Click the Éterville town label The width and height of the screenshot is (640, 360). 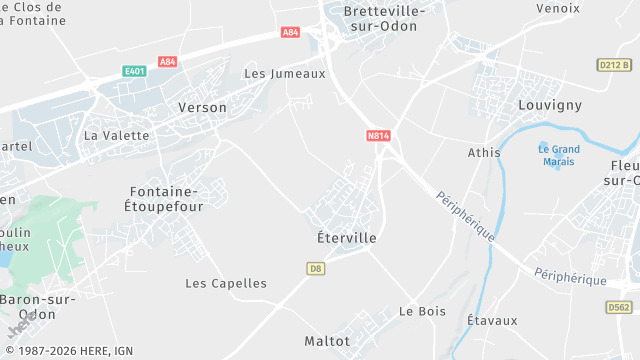(x=339, y=239)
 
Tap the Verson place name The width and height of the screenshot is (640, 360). (x=202, y=107)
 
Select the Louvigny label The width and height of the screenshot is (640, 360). (x=550, y=105)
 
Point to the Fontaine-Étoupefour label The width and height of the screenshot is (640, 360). (x=165, y=198)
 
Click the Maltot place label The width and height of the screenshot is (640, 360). (x=328, y=341)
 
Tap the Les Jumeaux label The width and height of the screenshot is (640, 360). (x=285, y=74)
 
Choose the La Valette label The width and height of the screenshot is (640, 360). (x=116, y=135)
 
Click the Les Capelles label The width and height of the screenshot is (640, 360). (x=226, y=283)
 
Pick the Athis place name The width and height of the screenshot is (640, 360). (x=484, y=153)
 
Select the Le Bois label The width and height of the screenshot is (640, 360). (x=422, y=311)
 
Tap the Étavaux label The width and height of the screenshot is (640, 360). (x=492, y=321)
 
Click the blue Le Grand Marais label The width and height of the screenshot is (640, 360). (x=559, y=156)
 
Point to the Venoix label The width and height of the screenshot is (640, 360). (x=557, y=8)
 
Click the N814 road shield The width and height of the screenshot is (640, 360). (x=378, y=135)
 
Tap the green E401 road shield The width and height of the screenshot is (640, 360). (x=134, y=71)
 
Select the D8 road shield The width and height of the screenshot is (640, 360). (x=316, y=268)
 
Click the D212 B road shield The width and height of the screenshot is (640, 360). (x=614, y=65)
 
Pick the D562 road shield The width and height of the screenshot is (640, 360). (x=618, y=308)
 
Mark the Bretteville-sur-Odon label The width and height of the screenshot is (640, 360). (x=384, y=19)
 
